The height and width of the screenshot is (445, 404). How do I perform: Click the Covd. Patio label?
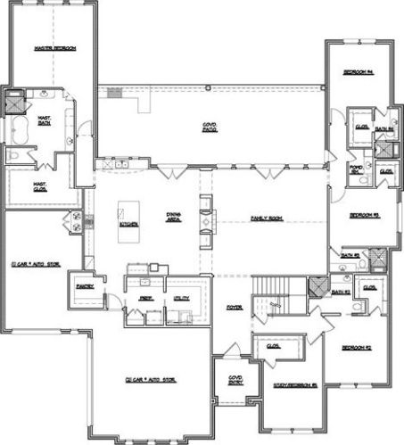coord(210,130)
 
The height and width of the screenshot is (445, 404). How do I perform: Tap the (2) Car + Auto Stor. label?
coord(150,380)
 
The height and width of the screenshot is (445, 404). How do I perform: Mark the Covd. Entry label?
coord(236,380)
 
